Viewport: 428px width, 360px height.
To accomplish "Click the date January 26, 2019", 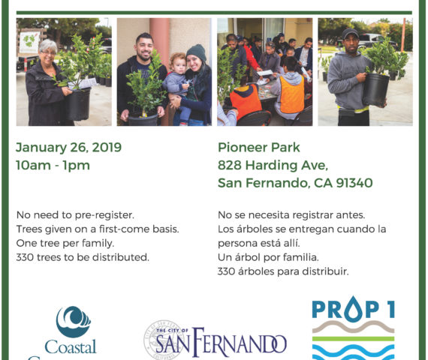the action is [x=68, y=148].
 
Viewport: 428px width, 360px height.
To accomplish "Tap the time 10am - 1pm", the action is [x=53, y=165].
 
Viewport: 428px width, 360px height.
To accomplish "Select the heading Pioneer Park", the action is [x=259, y=148].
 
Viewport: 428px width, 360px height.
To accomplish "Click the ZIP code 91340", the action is [x=354, y=183].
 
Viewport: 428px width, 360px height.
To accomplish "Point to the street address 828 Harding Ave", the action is [x=273, y=165].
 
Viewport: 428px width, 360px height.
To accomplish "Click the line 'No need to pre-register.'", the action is [x=75, y=215].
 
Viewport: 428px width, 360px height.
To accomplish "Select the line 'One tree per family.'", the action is [x=65, y=243].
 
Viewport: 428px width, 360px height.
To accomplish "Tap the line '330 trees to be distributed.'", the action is [x=83, y=257].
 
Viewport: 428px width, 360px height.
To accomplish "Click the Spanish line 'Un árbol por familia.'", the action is [x=268, y=257].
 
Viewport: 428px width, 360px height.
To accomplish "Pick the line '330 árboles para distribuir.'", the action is [x=283, y=271].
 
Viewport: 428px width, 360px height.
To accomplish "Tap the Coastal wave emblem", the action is [x=73, y=321].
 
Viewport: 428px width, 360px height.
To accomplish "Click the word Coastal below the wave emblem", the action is [x=71, y=346].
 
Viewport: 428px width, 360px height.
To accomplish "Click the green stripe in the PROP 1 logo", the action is [x=353, y=339].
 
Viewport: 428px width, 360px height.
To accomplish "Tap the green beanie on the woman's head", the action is [x=196, y=52].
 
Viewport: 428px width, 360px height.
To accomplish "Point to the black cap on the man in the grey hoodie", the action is [x=350, y=34].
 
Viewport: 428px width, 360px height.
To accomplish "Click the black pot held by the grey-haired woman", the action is [x=78, y=104].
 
